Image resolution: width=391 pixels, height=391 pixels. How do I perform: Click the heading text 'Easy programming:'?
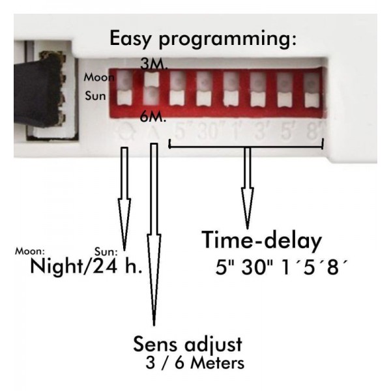pos(203,38)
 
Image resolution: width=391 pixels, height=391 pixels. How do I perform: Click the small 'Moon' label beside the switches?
pos(96,78)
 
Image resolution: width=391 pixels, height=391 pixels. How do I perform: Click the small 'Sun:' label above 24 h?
pos(106,250)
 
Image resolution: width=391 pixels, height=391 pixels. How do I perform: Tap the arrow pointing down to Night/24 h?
pos(123,195)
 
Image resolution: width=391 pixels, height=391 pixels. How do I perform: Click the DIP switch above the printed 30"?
pos(203,90)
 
